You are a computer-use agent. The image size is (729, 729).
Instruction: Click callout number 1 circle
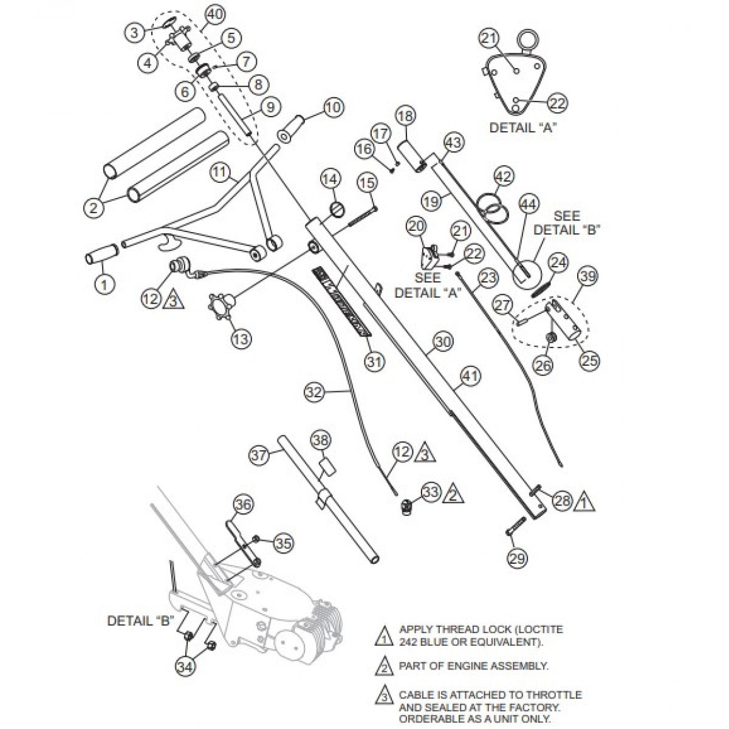click(104, 284)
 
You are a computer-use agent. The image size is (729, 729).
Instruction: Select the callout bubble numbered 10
click(332, 108)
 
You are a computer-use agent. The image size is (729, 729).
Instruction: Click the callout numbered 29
click(518, 558)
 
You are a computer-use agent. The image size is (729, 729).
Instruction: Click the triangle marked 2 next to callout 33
click(451, 495)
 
